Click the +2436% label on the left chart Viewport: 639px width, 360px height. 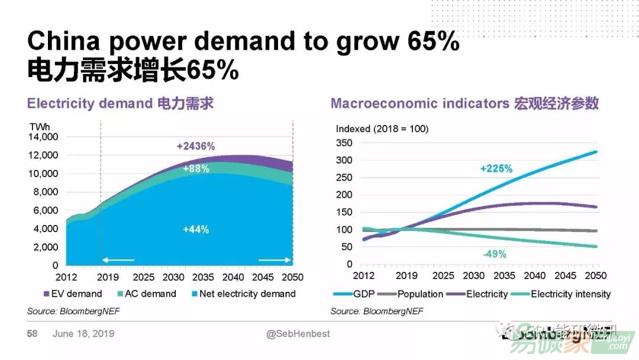click(x=196, y=146)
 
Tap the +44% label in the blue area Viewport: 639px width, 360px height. click(x=196, y=230)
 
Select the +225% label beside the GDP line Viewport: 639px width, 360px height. click(x=496, y=169)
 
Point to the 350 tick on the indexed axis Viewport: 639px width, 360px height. click(x=344, y=143)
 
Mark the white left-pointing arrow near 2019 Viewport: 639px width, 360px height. click(x=119, y=259)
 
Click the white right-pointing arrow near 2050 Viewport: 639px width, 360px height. click(x=275, y=259)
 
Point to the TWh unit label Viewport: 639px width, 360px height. click(x=40, y=126)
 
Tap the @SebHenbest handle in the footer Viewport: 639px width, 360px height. click(x=298, y=334)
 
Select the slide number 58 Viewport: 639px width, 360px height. click(x=32, y=334)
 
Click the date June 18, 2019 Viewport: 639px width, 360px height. click(x=83, y=334)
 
